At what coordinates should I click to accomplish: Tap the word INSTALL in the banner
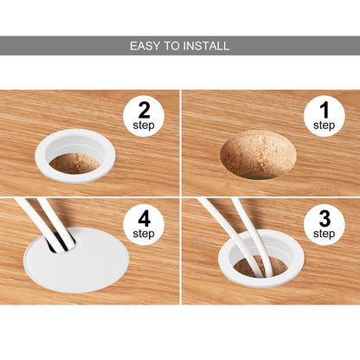206,46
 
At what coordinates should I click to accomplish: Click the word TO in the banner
171,46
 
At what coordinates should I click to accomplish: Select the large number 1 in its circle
325,110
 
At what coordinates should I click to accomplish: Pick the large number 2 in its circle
145,110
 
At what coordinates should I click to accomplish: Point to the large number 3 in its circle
325,219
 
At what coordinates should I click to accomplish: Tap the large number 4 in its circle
145,219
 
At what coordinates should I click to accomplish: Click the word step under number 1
325,125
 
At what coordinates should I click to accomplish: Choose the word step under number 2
144,125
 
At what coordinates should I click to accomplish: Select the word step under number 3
325,234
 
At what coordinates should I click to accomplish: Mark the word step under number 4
144,234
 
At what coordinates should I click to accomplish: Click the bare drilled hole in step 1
258,154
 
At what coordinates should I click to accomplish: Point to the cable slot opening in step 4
62,243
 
